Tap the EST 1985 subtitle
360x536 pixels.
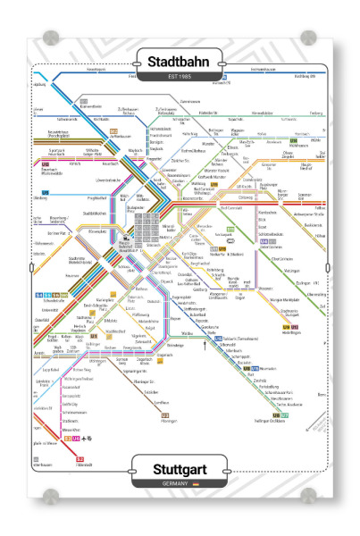(x=180, y=80)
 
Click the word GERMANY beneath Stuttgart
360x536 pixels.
(x=174, y=482)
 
